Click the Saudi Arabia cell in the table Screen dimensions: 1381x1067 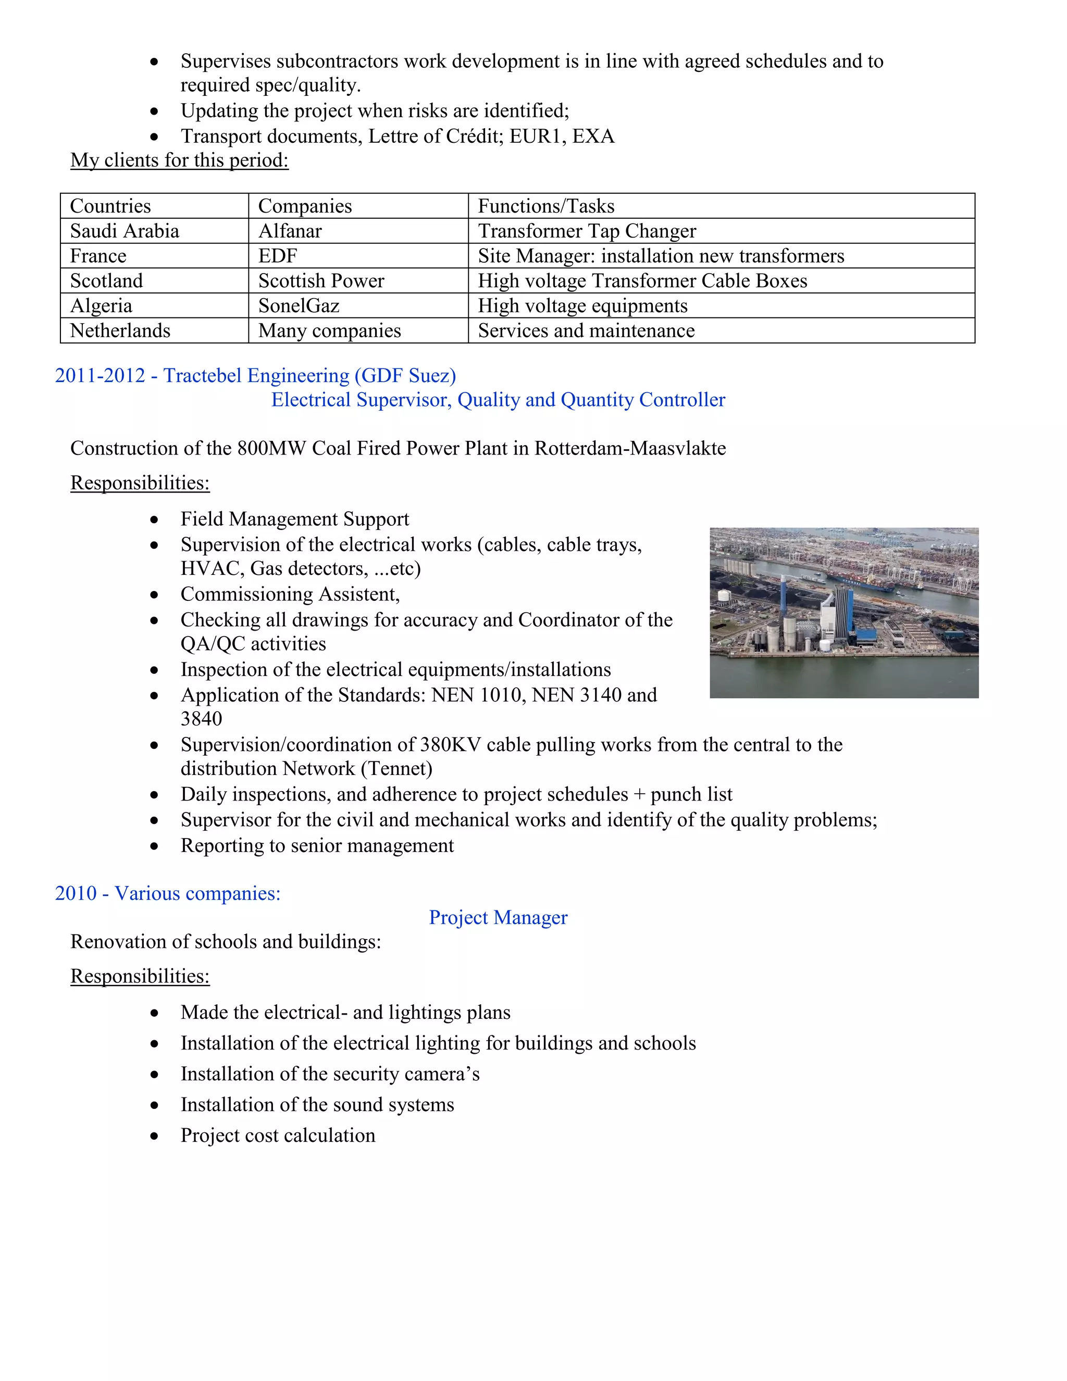[125, 231]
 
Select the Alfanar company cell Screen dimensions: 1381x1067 [290, 231]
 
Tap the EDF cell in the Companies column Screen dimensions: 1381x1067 [278, 255]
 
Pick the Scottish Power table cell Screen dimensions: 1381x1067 [321, 281]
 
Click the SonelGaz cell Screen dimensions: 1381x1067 [299, 305]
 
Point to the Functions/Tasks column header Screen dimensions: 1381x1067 [545, 206]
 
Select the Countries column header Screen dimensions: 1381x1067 [110, 206]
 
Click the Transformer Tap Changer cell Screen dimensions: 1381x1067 [587, 231]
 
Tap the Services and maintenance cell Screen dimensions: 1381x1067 [586, 331]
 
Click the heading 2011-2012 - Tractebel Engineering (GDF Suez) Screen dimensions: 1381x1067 [255, 376]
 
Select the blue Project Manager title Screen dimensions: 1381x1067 [498, 918]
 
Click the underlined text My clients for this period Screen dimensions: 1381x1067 [180, 160]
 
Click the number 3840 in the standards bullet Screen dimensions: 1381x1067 [201, 719]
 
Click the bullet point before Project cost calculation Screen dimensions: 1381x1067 [154, 1136]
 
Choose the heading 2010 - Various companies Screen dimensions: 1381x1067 [168, 893]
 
